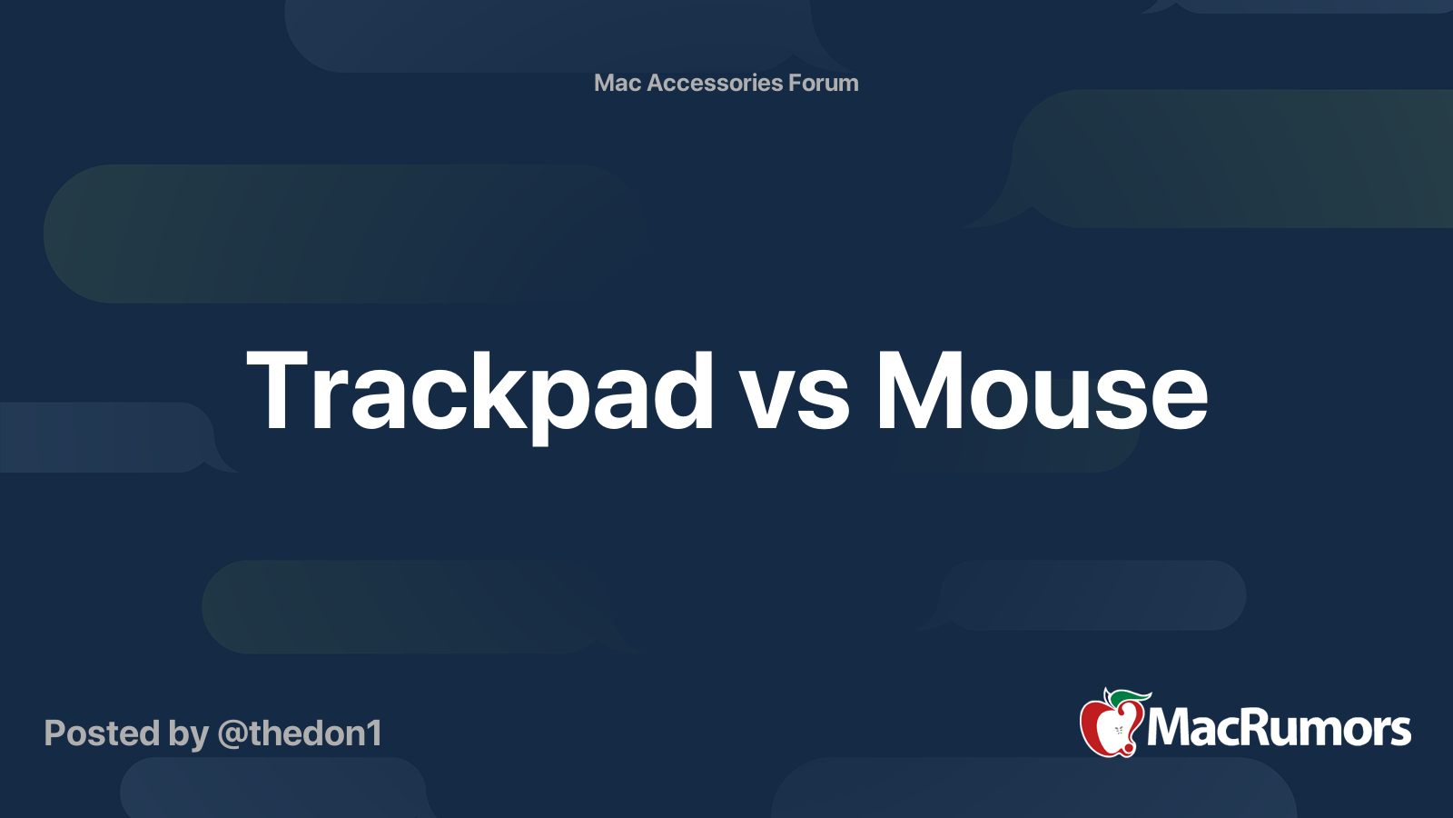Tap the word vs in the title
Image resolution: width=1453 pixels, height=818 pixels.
pos(795,400)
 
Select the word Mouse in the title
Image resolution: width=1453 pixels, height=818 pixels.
pos(1041,393)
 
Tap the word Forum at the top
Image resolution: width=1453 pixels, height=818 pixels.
pos(823,83)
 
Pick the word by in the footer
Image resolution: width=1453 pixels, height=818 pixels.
pos(188,735)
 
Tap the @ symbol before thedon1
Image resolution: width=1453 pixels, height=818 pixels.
pos(232,734)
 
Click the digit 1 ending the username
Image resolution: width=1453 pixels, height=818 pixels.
pos(373,733)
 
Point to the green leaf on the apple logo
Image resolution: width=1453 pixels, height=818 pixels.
pos(1128,698)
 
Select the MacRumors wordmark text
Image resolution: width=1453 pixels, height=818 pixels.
pos(1279,728)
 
